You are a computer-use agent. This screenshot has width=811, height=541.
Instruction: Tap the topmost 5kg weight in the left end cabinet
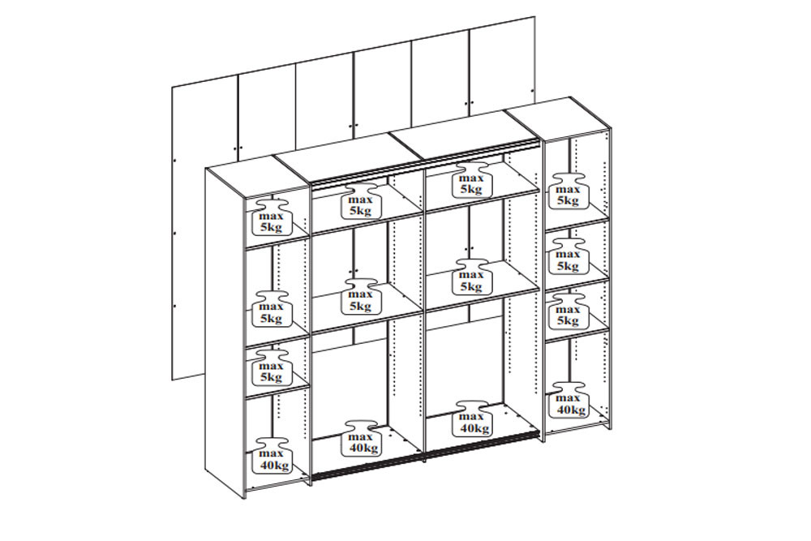[271, 217]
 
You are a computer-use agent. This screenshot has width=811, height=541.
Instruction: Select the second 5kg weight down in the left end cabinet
[271, 309]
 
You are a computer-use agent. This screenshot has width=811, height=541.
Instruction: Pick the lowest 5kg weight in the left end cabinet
[272, 367]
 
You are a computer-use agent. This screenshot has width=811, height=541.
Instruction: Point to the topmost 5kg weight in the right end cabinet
[568, 191]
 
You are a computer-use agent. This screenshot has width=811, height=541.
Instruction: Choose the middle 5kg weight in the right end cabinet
[568, 256]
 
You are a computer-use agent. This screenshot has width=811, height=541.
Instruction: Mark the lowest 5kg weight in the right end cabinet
[568, 311]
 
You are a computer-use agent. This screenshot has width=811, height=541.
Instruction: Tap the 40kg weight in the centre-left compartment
[361, 439]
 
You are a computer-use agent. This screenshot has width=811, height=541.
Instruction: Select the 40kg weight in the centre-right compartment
[471, 419]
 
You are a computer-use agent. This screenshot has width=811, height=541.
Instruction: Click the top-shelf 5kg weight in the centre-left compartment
[361, 200]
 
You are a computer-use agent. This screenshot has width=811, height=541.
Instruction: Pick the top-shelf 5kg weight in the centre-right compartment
[471, 180]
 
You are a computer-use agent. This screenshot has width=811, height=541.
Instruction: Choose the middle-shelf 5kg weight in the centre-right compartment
[471, 277]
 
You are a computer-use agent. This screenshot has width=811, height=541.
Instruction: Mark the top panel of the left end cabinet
[257, 176]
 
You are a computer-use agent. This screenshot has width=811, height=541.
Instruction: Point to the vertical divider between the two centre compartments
[424, 316]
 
